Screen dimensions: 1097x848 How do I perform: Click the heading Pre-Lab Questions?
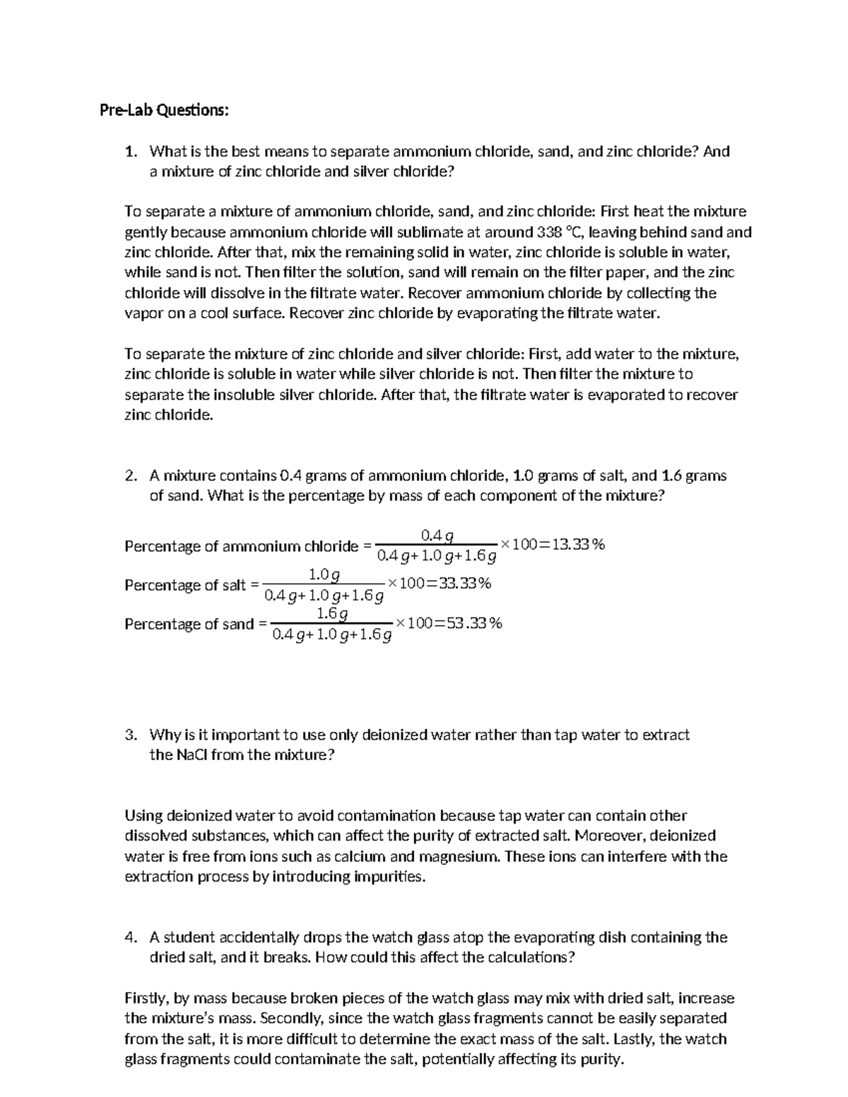(164, 110)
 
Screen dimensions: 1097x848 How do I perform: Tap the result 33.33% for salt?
(463, 583)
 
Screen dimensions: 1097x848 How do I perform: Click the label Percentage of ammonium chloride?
(242, 546)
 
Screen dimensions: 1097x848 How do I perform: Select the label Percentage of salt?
(185, 585)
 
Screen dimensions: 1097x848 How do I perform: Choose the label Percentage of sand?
(189, 624)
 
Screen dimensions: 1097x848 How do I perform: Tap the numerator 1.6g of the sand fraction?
(332, 613)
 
